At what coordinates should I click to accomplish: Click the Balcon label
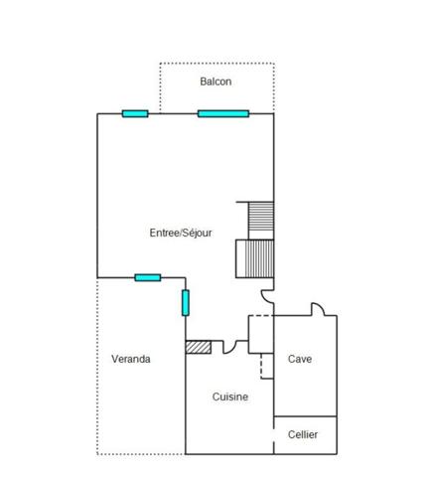pos(216,81)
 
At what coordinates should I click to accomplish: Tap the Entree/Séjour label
pos(181,233)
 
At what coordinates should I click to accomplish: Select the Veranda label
pos(131,359)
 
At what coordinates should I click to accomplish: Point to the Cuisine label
pos(230,397)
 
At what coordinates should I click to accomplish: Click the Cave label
pos(300,359)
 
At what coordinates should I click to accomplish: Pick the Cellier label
pos(303,434)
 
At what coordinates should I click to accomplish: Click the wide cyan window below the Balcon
pos(223,114)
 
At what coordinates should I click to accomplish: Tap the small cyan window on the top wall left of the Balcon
pos(135,114)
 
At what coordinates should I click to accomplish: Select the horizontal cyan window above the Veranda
pos(148,277)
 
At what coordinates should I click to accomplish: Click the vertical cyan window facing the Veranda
pos(186,303)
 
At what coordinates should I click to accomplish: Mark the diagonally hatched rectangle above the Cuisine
pos(199,347)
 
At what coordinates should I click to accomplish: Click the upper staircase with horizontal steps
pos(261,221)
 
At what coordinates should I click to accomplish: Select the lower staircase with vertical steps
pos(255,258)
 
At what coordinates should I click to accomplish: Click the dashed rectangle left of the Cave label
pos(267,366)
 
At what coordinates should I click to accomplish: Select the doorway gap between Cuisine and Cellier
pos(274,435)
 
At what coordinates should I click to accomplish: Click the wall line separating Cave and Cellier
pos(305,416)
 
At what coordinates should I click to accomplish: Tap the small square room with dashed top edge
pos(261,334)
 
